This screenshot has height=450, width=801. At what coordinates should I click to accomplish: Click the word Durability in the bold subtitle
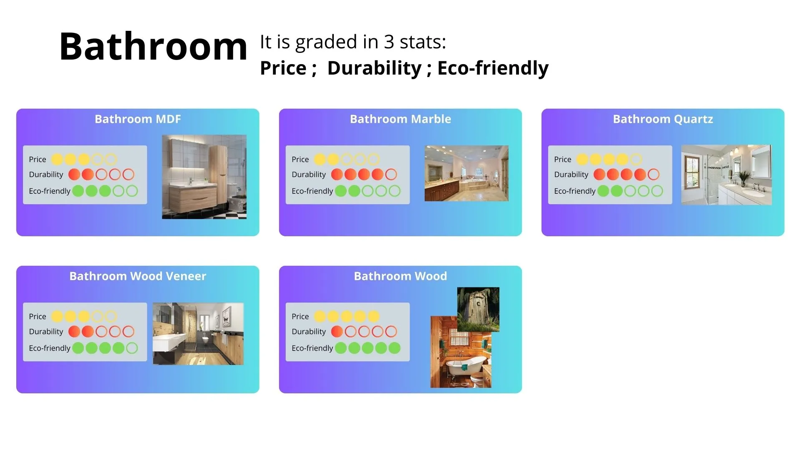[374, 68]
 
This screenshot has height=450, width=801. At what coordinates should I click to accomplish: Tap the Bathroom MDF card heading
[138, 119]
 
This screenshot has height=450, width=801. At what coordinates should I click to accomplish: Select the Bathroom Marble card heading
[400, 119]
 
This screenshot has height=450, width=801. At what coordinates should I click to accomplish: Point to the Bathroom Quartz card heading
[663, 119]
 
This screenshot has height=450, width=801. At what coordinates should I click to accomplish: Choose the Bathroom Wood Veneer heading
[138, 276]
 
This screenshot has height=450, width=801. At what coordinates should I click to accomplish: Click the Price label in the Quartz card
[562, 159]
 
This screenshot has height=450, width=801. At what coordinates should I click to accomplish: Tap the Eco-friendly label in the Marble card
[312, 191]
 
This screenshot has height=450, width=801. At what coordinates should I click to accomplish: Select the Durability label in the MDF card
[46, 174]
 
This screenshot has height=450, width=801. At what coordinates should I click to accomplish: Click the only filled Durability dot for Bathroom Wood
[337, 331]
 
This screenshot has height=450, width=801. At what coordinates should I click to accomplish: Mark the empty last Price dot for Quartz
[636, 159]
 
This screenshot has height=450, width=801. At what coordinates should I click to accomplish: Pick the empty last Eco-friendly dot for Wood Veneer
[132, 348]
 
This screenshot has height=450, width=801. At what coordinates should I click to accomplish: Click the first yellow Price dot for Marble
[320, 159]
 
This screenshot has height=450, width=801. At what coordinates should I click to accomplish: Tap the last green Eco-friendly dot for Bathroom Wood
[394, 348]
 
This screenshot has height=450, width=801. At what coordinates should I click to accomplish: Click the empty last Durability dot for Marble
[391, 174]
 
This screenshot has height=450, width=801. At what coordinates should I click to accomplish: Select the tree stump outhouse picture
[478, 310]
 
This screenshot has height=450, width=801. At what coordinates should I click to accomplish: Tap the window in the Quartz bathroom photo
[692, 170]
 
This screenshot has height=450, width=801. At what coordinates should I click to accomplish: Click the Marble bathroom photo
[466, 173]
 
